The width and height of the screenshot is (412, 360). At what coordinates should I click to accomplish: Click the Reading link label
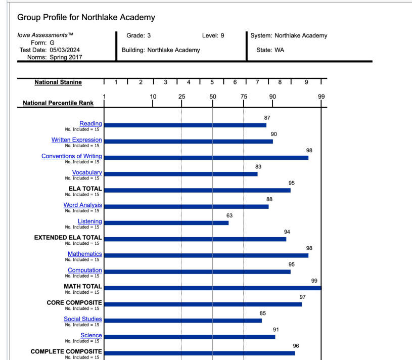click(90, 124)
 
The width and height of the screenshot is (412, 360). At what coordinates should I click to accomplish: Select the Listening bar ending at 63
click(166, 223)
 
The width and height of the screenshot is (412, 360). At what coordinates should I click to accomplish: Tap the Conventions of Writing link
click(71, 156)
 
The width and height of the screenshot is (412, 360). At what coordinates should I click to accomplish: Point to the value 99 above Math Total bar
click(314, 281)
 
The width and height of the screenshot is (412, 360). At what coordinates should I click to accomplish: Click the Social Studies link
click(82, 319)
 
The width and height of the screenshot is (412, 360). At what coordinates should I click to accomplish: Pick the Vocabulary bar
click(180, 174)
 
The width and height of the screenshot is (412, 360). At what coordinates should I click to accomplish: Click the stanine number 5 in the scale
click(212, 82)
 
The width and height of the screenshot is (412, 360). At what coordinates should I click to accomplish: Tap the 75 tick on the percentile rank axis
click(244, 97)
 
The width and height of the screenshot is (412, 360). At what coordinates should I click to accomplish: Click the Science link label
click(91, 335)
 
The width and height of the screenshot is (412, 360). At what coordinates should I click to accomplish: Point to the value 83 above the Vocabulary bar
click(258, 166)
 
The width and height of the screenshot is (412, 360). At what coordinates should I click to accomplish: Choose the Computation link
click(84, 271)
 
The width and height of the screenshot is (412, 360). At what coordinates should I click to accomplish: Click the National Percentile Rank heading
click(58, 103)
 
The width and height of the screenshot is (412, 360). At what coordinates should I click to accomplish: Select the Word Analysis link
click(82, 205)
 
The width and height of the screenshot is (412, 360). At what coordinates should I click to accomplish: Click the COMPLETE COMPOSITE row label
click(66, 351)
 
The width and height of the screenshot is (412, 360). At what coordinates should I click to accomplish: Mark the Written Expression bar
click(188, 142)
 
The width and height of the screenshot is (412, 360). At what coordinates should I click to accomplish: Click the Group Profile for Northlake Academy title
click(86, 17)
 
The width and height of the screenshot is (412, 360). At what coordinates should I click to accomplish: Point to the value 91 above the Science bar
click(276, 330)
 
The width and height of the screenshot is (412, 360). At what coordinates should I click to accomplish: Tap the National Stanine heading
click(58, 82)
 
